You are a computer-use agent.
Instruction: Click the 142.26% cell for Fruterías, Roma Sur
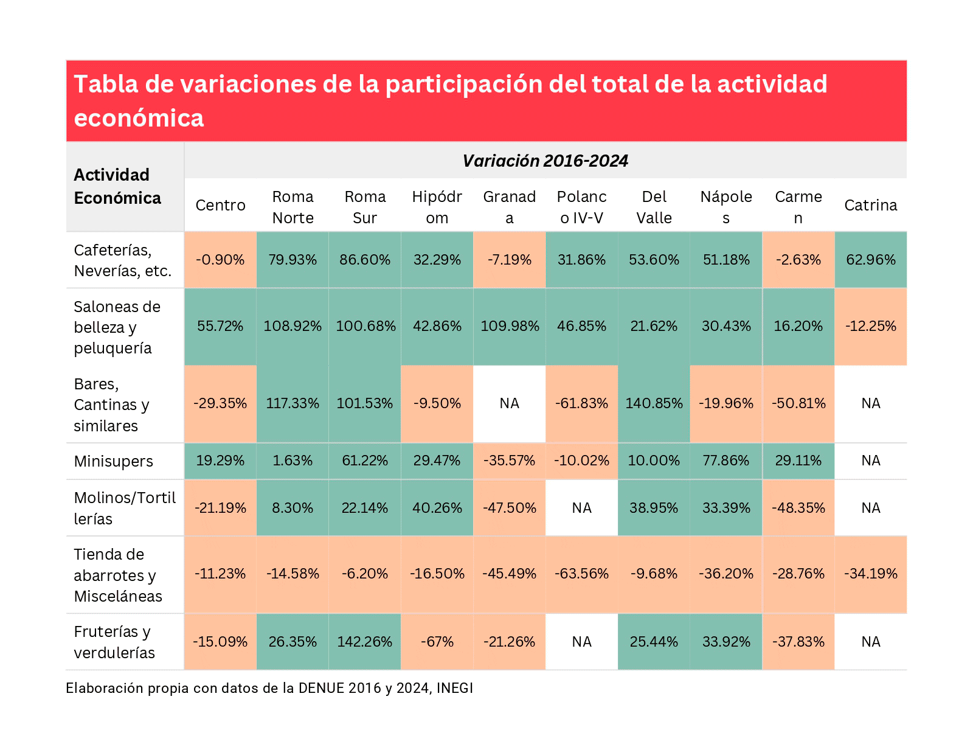pos(364,642)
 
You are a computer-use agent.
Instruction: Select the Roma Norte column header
pos(293,207)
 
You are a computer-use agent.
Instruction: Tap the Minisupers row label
pos(113,461)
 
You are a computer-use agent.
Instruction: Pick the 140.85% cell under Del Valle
pos(654,403)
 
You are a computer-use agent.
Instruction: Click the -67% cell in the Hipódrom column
pos(437,642)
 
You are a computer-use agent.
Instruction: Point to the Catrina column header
pos(870,205)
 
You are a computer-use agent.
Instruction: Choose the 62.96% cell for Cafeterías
pos(870,260)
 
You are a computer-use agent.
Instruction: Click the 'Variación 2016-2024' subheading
pos(545,161)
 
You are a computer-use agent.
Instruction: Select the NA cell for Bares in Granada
pos(509,403)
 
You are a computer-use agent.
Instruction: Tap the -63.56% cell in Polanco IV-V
pos(581,574)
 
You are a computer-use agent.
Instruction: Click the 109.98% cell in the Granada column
pos(509,326)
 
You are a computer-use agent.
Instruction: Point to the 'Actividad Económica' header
pos(117,186)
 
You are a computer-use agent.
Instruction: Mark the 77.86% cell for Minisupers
pos(726,461)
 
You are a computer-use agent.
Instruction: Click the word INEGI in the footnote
pos(454,688)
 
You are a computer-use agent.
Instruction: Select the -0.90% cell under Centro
pos(220,260)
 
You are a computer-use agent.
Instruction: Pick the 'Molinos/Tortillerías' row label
pos(124,508)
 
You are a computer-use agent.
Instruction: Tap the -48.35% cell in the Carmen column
pos(798,508)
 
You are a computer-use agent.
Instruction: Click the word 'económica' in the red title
pos(139,118)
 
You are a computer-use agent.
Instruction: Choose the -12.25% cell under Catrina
pos(870,326)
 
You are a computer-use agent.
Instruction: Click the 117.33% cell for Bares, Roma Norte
pos(293,403)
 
